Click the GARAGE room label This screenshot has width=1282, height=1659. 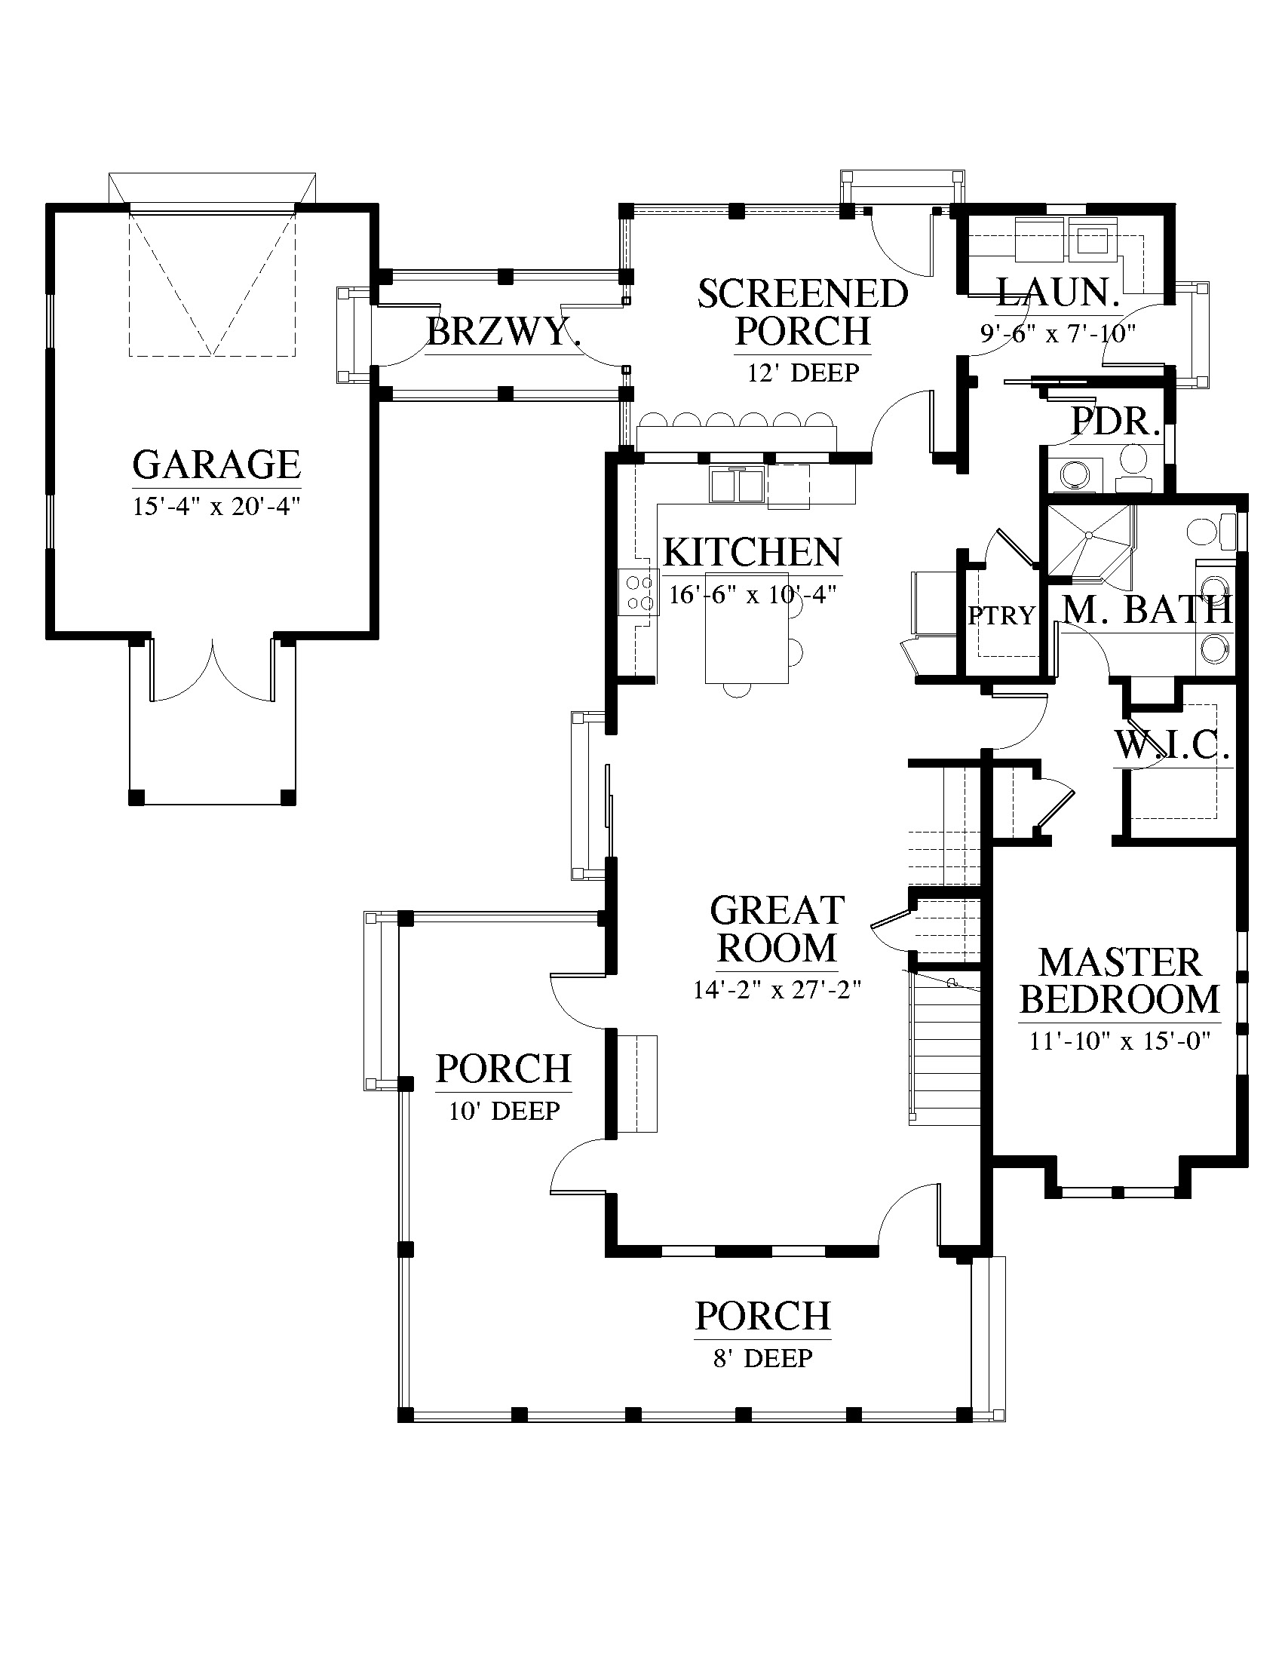point(216,464)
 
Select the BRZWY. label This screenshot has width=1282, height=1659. point(504,332)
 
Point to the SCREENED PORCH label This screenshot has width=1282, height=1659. point(803,312)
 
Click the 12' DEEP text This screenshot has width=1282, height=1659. point(804,373)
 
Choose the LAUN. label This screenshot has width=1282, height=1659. point(1058,293)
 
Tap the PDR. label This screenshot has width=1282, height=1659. point(1115,421)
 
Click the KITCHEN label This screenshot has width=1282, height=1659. point(753,552)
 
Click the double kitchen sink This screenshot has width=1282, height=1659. point(737,485)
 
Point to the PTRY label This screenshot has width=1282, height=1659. point(1001,615)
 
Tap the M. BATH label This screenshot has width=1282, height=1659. point(1147,609)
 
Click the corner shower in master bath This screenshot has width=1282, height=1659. point(1090,541)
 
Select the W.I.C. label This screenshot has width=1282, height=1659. point(1172,745)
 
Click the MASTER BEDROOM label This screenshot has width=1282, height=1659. point(1119,980)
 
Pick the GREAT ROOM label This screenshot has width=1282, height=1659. point(777,929)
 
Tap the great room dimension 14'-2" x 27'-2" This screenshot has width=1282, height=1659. point(777,990)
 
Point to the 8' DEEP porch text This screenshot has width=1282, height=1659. point(762,1357)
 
